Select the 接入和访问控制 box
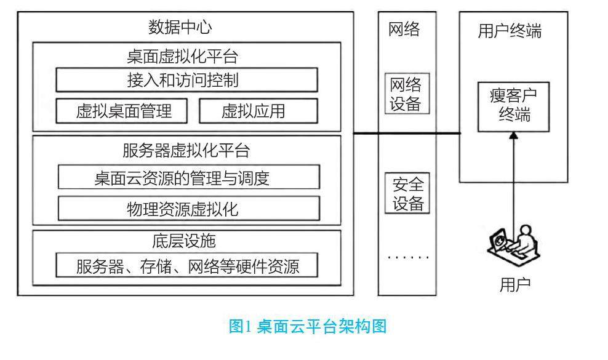(x=187, y=80)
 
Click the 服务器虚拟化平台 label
(x=185, y=151)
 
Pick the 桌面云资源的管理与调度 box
(x=189, y=178)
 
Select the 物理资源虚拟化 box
(x=189, y=209)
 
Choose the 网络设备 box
(x=406, y=94)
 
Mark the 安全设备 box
(x=406, y=193)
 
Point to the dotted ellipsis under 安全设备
(x=406, y=256)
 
